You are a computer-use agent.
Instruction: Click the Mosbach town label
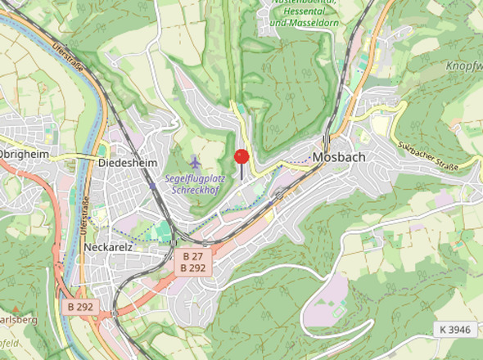click(x=341, y=157)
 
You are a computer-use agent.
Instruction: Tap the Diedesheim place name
click(x=126, y=162)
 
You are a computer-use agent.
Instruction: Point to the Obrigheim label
click(x=24, y=154)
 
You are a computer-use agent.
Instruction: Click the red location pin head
click(x=241, y=156)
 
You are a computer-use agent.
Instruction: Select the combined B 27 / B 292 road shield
click(x=193, y=262)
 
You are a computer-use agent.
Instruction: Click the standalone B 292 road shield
click(x=81, y=306)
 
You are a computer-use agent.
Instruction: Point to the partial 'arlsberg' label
click(x=18, y=319)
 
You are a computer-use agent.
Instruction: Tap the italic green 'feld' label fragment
click(x=10, y=344)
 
